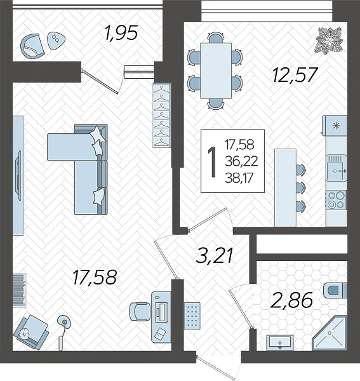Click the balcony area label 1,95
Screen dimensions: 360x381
click(121, 33)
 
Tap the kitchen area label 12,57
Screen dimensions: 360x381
click(295, 75)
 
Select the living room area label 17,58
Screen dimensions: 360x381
click(95, 277)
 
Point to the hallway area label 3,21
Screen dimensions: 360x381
click(215, 256)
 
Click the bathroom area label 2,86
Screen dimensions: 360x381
click(291, 300)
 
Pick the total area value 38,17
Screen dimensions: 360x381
click(239, 178)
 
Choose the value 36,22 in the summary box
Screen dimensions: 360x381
click(241, 161)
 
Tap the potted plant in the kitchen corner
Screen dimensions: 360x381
click(329, 40)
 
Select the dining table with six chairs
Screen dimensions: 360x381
click(215, 70)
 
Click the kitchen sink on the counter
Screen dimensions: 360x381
click(337, 168)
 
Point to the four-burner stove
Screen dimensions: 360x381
click(337, 200)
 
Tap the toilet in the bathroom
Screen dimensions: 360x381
click(335, 290)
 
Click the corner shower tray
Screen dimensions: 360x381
click(330, 333)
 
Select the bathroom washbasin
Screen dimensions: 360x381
click(280, 343)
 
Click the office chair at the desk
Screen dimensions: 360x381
click(139, 312)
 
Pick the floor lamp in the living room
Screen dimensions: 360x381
click(63, 332)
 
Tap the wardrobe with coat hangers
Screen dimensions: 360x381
click(162, 115)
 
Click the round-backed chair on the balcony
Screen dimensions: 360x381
click(32, 46)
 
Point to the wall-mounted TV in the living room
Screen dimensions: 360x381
click(18, 175)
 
